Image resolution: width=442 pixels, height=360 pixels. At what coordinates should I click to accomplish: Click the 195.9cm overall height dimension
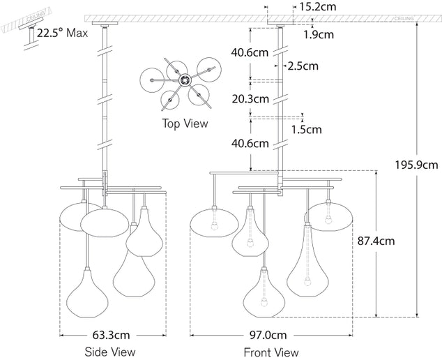coord(416,165)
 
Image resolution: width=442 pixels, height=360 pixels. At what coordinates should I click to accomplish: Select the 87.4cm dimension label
coord(376,241)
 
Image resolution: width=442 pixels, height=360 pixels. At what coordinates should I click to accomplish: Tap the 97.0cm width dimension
coord(268,335)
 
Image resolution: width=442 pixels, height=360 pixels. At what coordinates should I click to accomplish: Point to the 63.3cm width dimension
coord(111,335)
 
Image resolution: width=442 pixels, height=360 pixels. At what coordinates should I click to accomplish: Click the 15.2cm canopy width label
coord(317,7)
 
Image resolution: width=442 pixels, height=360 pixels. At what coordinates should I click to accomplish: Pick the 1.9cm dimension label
coord(319,34)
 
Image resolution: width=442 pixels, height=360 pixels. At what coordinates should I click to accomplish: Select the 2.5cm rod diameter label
coord(303,66)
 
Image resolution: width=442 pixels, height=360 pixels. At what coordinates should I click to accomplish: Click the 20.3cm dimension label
coord(250,99)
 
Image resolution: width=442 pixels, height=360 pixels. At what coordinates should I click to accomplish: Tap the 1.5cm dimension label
coord(307,130)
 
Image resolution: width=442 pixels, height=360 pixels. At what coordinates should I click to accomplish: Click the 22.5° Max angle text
coord(62,33)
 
